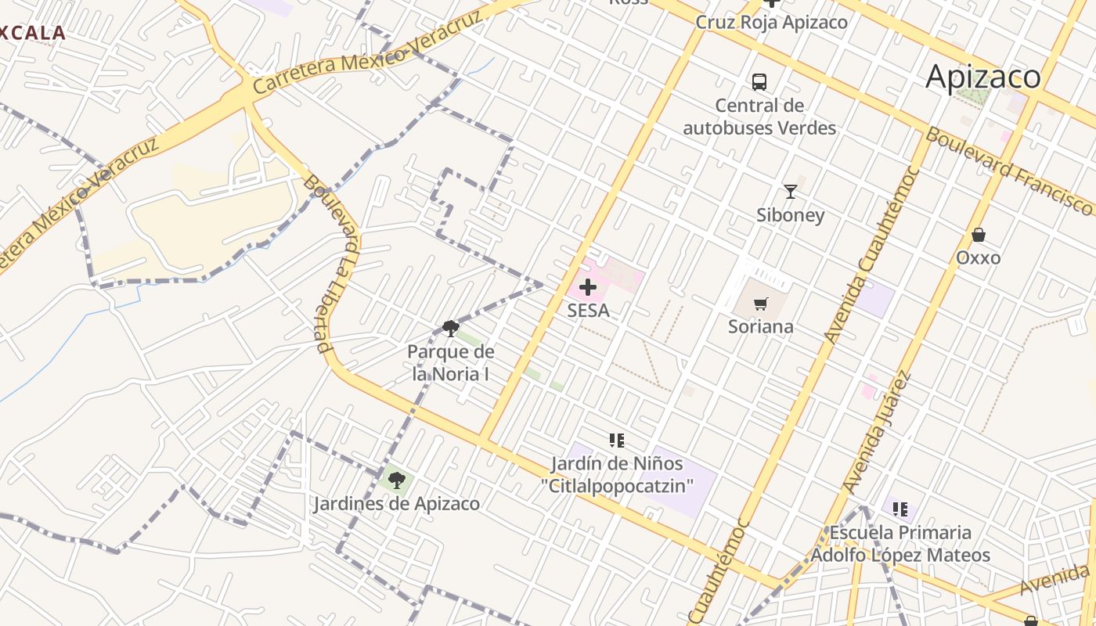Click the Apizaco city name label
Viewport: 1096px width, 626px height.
tap(983, 77)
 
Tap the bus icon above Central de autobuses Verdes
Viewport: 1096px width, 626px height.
tap(759, 81)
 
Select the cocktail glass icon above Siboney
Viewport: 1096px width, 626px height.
tap(791, 191)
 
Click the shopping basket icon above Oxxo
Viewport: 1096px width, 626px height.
tap(978, 234)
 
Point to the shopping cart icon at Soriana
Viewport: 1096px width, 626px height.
tap(760, 304)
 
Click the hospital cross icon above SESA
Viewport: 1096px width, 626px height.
tap(588, 287)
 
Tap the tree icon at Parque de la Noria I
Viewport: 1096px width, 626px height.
tap(450, 328)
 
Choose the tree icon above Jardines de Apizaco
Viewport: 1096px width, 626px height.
tap(397, 480)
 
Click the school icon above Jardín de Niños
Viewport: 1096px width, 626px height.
tap(617, 441)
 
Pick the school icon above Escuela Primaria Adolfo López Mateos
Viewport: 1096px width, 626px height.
tap(900, 509)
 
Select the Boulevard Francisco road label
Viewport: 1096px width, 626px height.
tap(1010, 171)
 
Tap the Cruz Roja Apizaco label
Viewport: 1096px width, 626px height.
tap(771, 22)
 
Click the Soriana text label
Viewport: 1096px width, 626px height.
tap(760, 326)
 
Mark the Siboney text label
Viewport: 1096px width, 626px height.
tap(790, 214)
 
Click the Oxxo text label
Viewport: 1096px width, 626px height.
tap(978, 257)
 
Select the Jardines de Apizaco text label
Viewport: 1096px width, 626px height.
tap(397, 503)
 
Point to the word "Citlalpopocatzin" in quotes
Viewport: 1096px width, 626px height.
tap(617, 486)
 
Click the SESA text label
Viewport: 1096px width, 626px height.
tap(588, 311)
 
